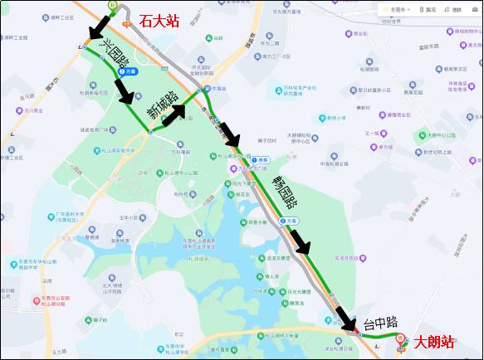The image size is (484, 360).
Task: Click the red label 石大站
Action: point(159,21)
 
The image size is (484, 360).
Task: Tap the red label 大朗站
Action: point(434,341)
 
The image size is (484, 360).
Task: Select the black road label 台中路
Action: point(381,324)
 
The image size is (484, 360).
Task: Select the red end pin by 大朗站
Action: point(400,339)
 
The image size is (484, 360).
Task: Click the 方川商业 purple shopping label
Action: point(32,109)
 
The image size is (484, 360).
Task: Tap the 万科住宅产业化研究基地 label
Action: point(301,90)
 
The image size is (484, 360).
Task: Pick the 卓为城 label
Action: point(384,147)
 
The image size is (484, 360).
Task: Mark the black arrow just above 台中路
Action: point(344,315)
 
